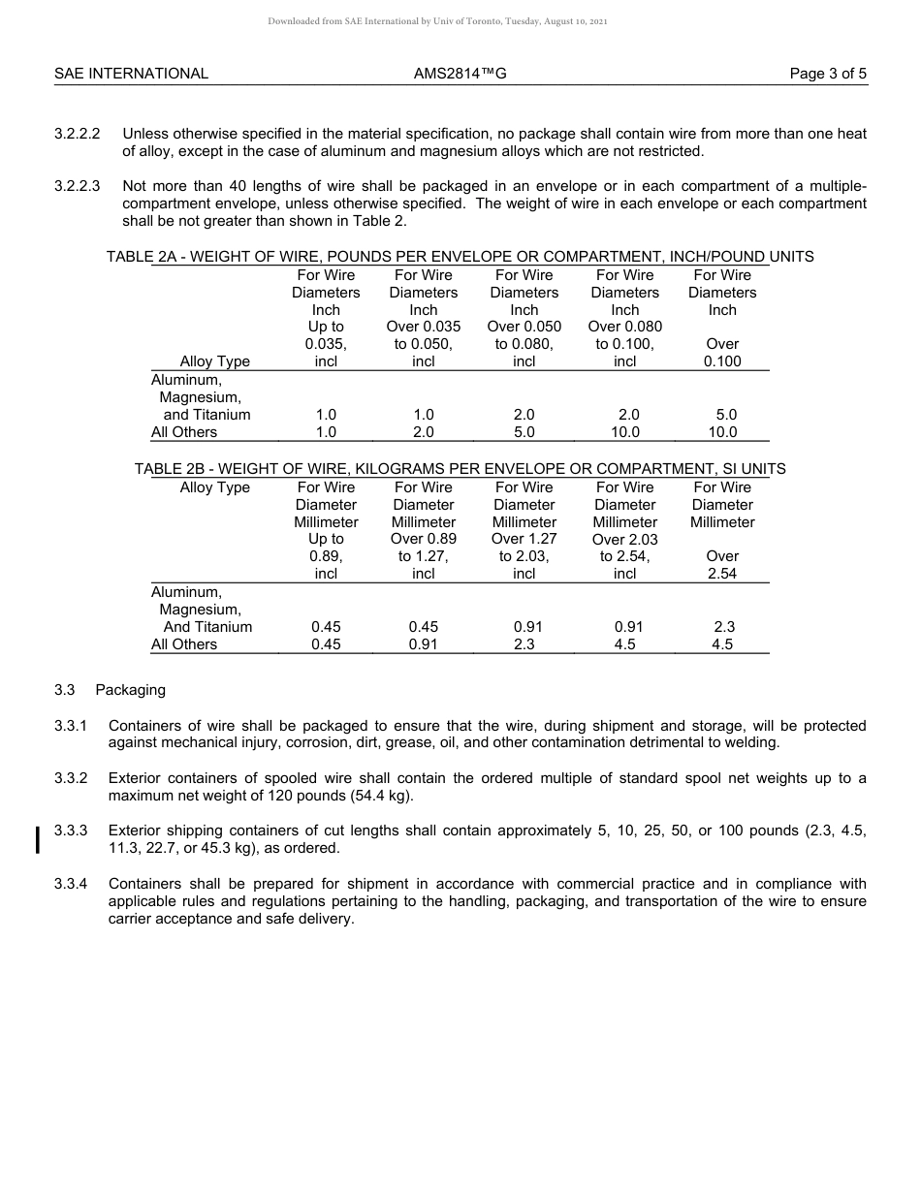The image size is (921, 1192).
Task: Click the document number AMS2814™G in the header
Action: tap(460, 74)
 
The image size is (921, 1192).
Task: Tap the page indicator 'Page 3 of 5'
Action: tap(828, 74)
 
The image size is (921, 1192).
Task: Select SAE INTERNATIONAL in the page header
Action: tap(131, 74)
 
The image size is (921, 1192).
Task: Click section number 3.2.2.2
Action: tap(78, 134)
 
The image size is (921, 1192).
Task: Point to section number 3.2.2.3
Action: tap(78, 186)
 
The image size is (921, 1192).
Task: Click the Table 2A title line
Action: tap(460, 257)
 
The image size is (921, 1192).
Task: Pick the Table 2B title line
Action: tap(460, 469)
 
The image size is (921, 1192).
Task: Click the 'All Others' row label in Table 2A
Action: tap(184, 432)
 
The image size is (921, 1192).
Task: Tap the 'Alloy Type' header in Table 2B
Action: tap(214, 487)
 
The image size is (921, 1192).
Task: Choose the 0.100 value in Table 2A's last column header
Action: tap(722, 361)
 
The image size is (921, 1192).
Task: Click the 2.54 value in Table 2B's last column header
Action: tap(722, 574)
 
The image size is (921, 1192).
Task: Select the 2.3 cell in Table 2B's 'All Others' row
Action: tap(524, 644)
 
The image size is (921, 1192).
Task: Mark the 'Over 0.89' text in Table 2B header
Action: tap(424, 539)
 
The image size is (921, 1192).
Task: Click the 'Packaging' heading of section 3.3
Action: tap(130, 690)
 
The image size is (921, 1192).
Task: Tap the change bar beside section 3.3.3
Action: tap(37, 839)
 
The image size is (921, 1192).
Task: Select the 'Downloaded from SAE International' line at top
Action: tap(437, 21)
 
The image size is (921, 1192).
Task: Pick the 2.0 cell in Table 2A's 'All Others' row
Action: tap(424, 432)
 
